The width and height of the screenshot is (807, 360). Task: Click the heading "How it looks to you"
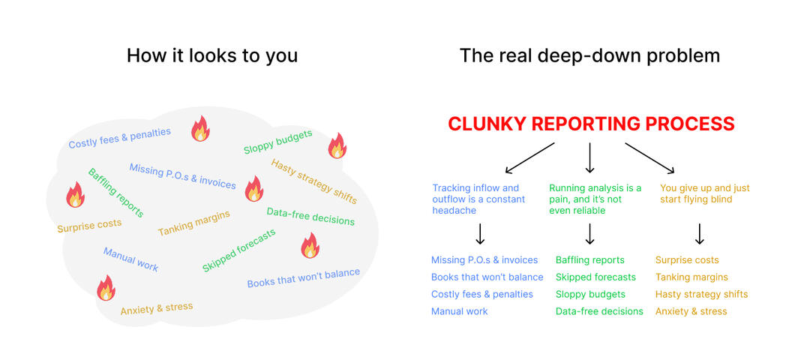click(211, 55)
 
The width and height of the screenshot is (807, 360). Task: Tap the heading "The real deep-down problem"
click(589, 55)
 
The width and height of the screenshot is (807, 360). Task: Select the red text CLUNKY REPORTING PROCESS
click(591, 124)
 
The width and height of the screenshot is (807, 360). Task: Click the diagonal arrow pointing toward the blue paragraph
click(529, 157)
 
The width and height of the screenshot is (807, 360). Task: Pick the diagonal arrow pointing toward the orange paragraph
click(651, 157)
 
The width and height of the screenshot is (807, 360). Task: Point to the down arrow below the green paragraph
click(589, 234)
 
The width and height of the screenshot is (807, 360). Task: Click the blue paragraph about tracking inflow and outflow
click(478, 199)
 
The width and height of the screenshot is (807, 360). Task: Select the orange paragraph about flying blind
click(704, 193)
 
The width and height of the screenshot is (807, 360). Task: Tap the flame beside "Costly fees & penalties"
click(200, 128)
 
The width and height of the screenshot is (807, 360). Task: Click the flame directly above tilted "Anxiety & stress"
click(106, 288)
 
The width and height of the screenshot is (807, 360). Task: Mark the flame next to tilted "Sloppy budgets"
click(337, 145)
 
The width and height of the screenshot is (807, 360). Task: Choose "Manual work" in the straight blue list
click(459, 311)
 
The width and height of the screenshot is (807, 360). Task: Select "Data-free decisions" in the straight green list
click(599, 311)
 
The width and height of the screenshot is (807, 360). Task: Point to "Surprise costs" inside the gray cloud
click(89, 224)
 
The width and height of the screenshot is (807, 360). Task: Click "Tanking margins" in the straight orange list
click(691, 277)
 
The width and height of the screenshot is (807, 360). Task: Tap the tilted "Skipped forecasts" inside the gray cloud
click(238, 250)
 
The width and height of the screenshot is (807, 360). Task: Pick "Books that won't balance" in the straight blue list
click(487, 277)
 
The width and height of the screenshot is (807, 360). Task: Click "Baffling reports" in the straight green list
click(589, 260)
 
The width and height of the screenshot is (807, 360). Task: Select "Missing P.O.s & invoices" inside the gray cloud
click(182, 175)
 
